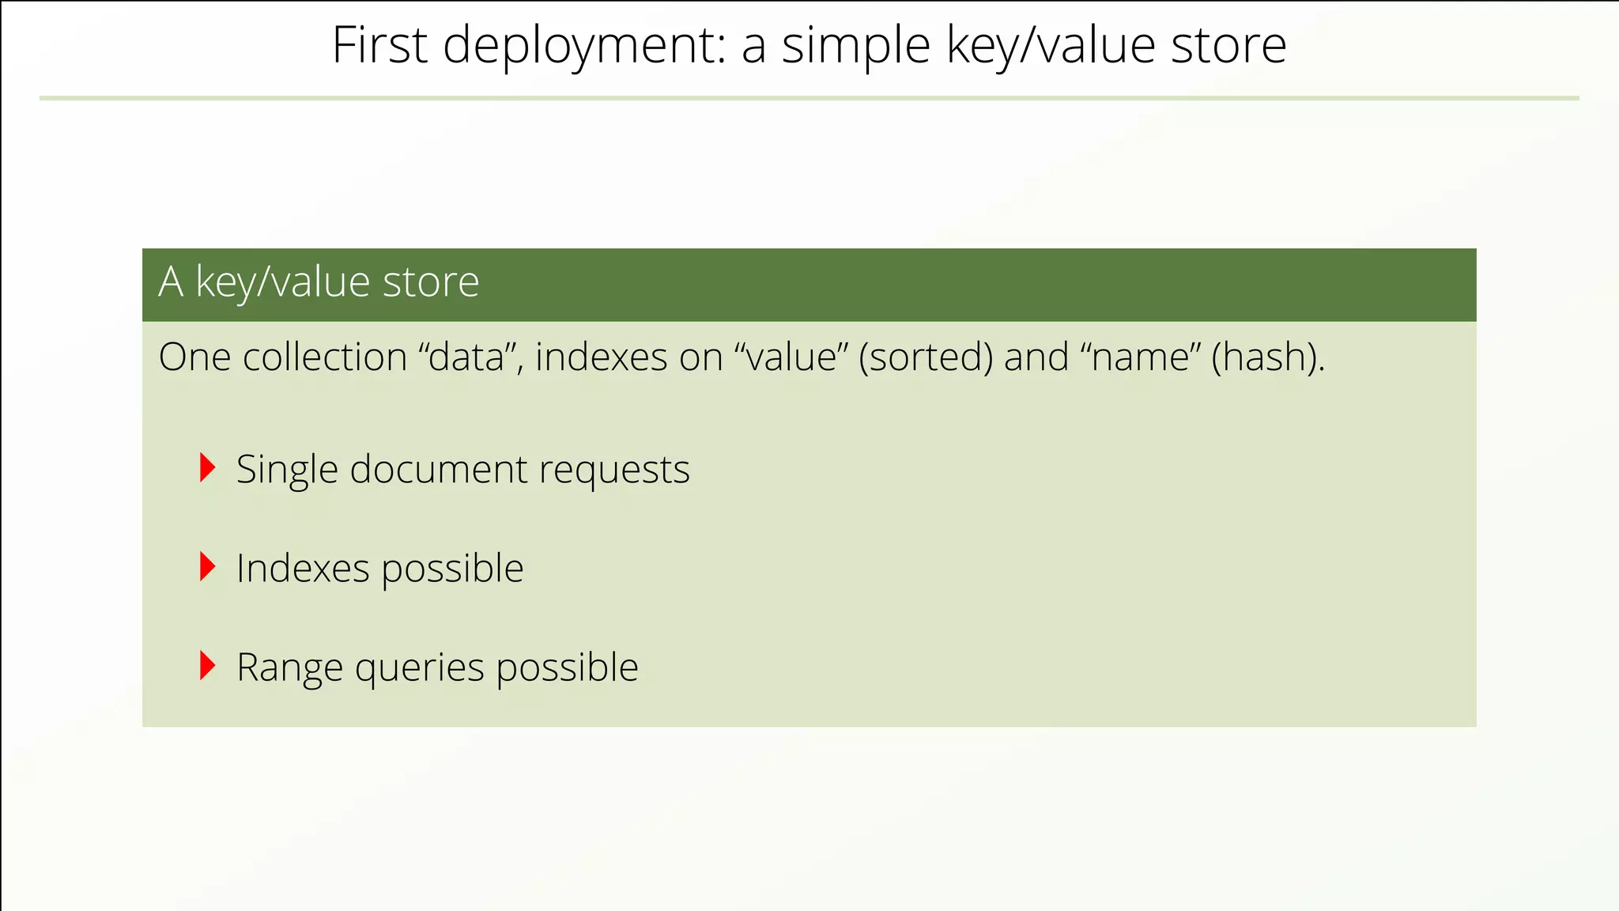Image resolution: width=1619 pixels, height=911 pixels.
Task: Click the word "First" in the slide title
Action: coord(379,45)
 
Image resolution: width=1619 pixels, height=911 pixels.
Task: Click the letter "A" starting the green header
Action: coord(171,282)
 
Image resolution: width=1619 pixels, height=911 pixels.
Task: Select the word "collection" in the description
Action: coord(325,357)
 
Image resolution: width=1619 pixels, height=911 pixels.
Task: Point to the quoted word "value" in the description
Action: coord(791,357)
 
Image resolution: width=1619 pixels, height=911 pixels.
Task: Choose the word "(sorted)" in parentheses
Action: coord(926,357)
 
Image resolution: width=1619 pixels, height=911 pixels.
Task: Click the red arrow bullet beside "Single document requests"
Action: coord(207,468)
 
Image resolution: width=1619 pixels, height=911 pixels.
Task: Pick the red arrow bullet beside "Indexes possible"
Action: coord(207,567)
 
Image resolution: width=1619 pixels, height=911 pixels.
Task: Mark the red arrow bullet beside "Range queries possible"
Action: coord(207,666)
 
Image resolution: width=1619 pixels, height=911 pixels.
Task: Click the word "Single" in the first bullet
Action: coord(287,471)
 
